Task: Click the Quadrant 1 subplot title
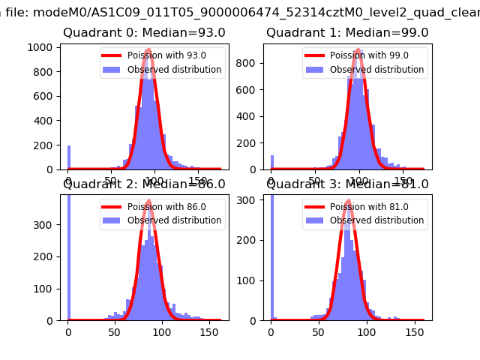coord(347,33)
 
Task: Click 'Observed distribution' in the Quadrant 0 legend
coord(175,70)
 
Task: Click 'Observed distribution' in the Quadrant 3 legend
coord(377,220)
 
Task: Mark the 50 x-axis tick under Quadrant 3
coord(319,331)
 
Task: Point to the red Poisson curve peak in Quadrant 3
coord(349,200)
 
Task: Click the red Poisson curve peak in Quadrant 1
coord(358,49)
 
